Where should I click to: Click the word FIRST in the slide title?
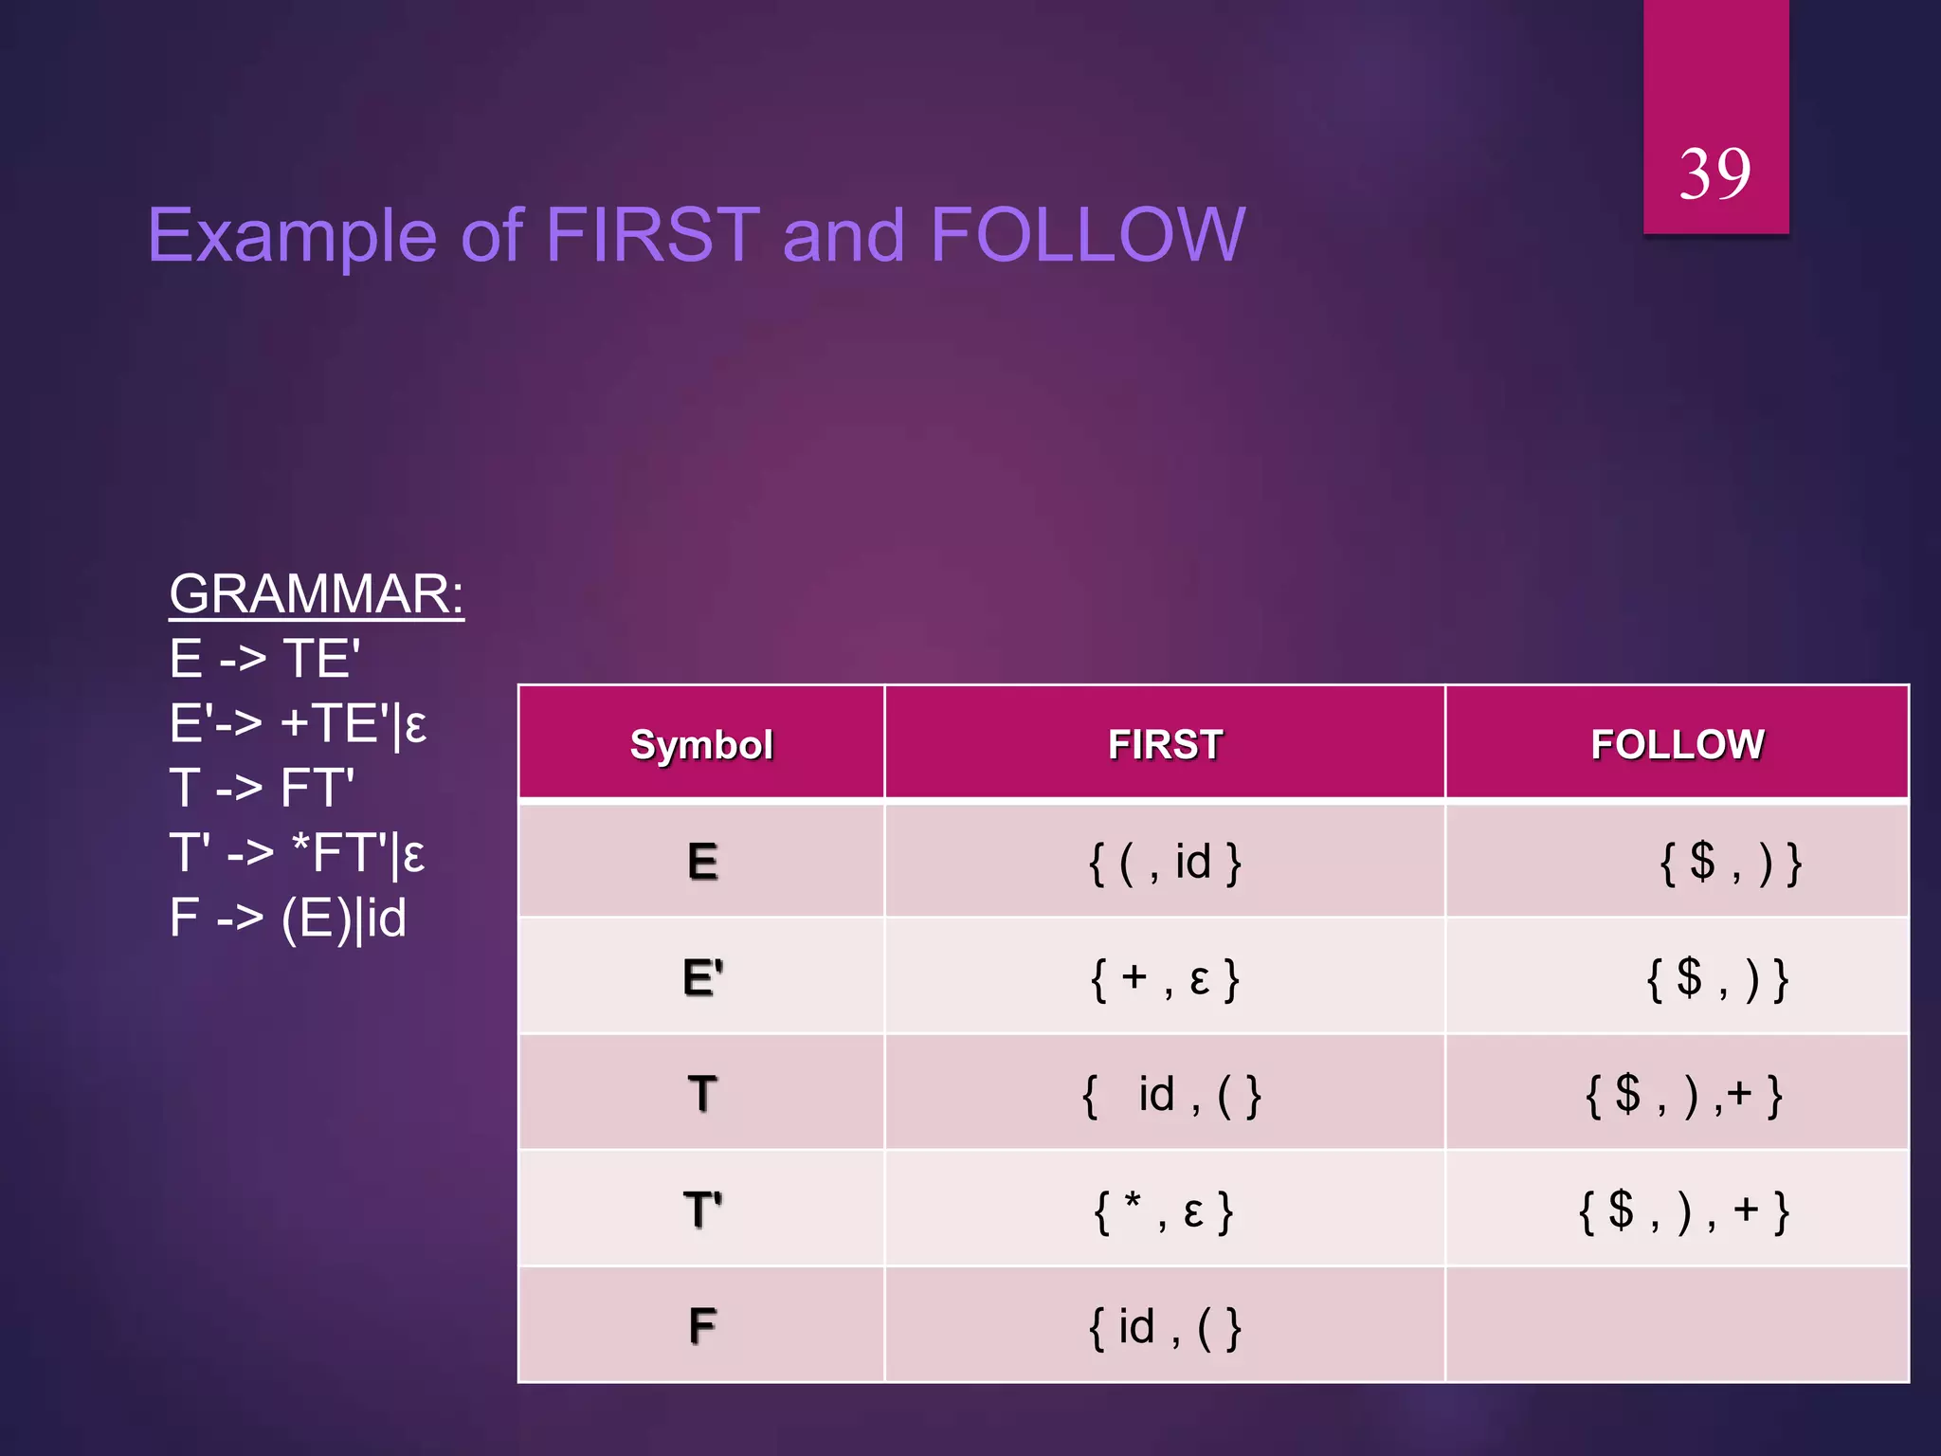tap(653, 235)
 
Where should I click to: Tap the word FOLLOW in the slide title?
tap(1087, 235)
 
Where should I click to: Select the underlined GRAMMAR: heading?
tap(317, 594)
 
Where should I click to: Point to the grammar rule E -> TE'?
tap(264, 659)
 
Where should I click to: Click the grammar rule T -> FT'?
tap(262, 788)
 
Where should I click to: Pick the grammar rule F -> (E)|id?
tap(288, 918)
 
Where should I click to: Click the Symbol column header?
tap(701, 744)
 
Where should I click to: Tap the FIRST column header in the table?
tap(1165, 744)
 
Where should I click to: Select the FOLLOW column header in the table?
tap(1677, 744)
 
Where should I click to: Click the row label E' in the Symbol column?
tap(702, 977)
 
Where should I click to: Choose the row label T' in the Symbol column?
tap(702, 1210)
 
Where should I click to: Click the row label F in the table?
tap(702, 1326)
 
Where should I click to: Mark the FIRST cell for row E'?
tap(1165, 978)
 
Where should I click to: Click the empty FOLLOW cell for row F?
tap(1677, 1326)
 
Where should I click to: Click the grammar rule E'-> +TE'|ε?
tap(298, 724)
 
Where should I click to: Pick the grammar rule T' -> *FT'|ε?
tap(297, 853)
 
